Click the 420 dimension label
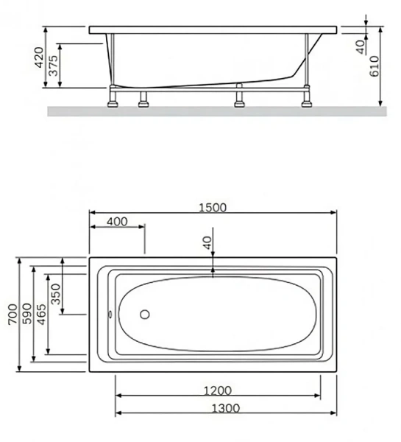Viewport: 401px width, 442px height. (38, 58)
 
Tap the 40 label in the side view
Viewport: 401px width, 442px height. (360, 47)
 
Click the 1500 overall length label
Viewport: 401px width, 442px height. (213, 207)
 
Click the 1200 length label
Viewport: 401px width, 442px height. (219, 390)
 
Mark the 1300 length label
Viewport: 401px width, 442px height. (219, 408)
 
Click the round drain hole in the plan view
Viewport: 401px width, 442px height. (144, 315)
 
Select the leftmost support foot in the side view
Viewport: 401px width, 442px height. (114, 99)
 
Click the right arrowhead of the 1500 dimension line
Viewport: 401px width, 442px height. (334, 214)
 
